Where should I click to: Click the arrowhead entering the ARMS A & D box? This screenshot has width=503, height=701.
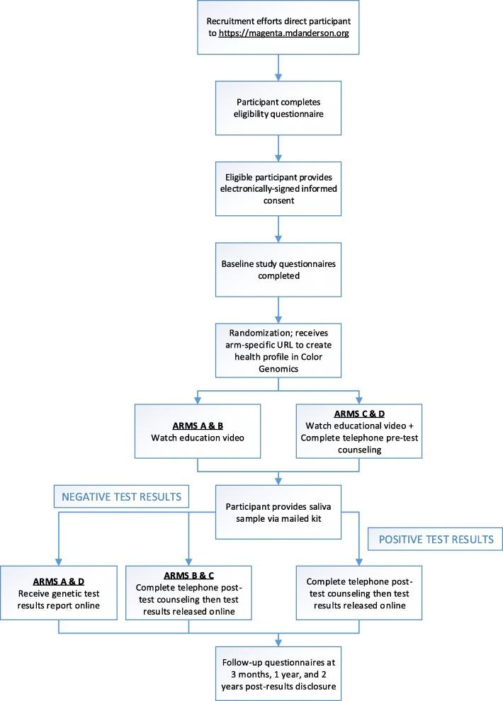(x=60, y=561)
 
